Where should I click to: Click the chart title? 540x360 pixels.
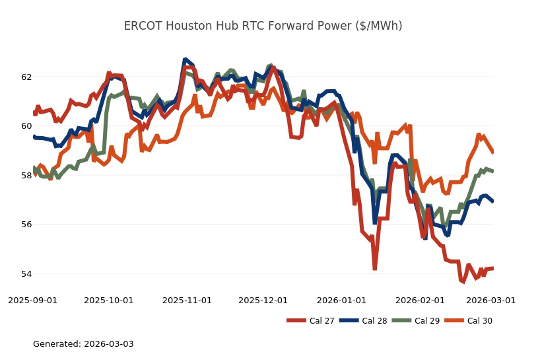pyautogui.click(x=263, y=26)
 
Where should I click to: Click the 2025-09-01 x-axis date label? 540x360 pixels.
pyautogui.click(x=33, y=300)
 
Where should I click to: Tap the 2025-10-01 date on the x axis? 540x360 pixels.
pyautogui.click(x=109, y=300)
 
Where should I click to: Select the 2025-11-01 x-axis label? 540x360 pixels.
pyautogui.click(x=187, y=300)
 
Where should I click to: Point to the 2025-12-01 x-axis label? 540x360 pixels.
pyautogui.click(x=263, y=300)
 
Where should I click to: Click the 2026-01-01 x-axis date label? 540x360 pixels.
pyautogui.click(x=341, y=300)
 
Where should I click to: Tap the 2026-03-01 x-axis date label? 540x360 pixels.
pyautogui.click(x=490, y=300)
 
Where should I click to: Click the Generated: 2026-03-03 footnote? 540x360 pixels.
pyautogui.click(x=83, y=344)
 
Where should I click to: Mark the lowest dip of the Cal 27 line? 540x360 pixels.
pyautogui.click(x=462, y=281)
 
